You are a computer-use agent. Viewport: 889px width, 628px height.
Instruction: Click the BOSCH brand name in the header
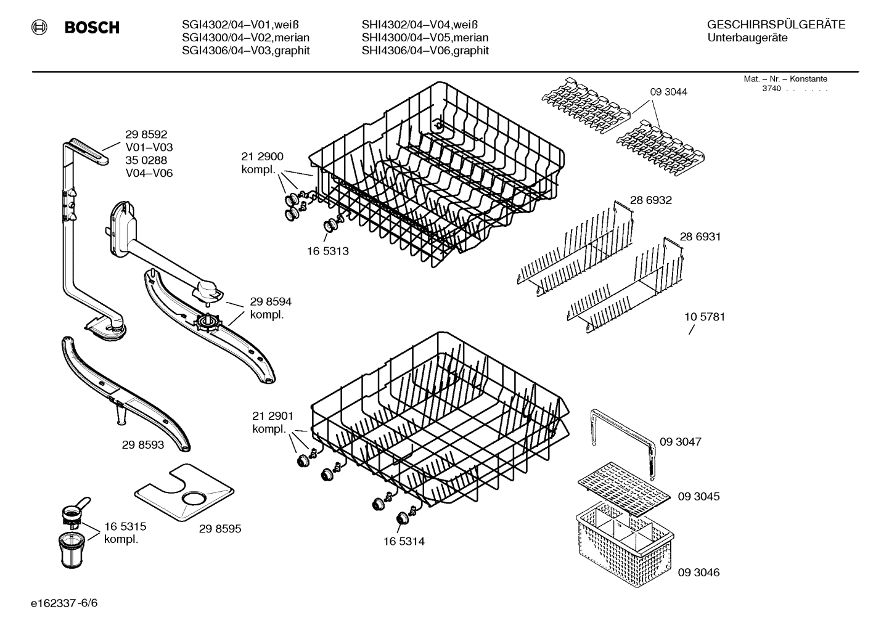click(92, 28)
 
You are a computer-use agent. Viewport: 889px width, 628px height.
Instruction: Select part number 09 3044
click(668, 92)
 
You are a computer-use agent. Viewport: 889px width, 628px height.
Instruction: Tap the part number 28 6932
click(650, 200)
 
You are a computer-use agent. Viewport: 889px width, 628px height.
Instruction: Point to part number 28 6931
click(700, 237)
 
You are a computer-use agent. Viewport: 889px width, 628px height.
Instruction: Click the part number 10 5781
click(705, 317)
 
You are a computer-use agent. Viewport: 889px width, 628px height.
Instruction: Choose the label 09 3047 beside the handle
click(680, 442)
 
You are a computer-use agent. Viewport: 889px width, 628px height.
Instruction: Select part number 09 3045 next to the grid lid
click(698, 496)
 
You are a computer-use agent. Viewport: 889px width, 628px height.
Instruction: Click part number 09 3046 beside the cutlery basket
click(698, 572)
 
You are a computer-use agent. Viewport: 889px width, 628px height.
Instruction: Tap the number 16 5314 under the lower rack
click(404, 542)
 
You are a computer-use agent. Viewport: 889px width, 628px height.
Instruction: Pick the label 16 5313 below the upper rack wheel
click(328, 251)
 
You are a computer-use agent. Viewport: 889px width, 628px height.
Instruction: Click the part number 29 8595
click(220, 529)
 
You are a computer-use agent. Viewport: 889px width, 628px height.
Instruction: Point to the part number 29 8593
click(143, 444)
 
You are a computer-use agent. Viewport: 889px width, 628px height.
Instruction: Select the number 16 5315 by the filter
click(125, 527)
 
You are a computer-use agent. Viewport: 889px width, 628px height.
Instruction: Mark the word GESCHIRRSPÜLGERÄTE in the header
click(776, 25)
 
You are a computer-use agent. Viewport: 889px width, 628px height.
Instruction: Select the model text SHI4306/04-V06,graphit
click(425, 51)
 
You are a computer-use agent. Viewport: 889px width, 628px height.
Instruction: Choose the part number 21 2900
click(262, 157)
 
